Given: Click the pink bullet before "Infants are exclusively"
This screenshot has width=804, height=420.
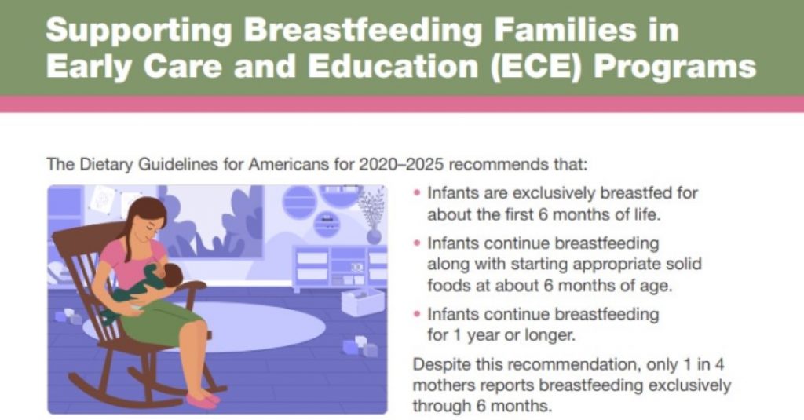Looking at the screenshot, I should tap(417, 193).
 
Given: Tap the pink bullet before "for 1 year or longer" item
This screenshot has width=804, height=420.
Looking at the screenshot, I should tap(417, 315).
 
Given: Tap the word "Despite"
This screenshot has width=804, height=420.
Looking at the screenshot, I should tap(440, 366).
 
